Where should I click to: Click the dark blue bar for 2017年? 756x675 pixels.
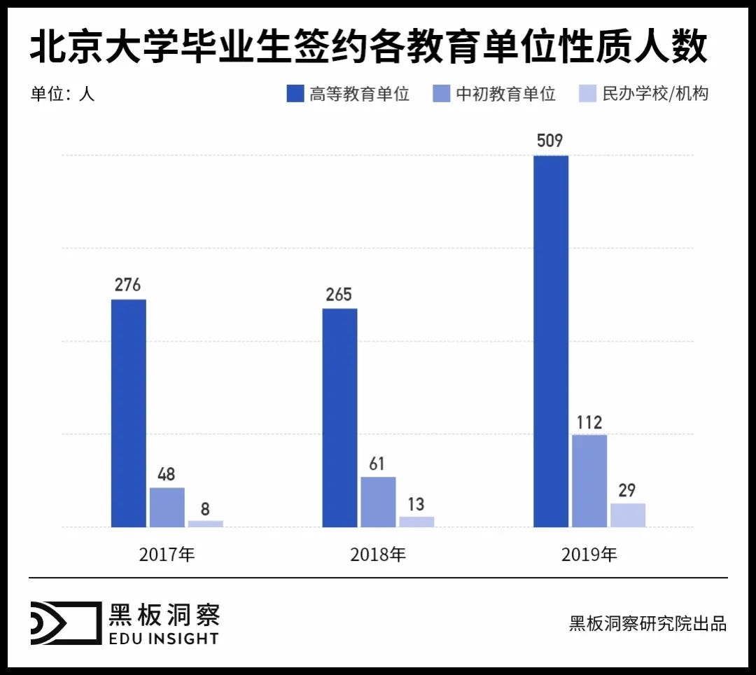coord(129,413)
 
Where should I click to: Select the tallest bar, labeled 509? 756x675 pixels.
coord(551,341)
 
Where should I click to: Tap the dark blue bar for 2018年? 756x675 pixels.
coord(339,417)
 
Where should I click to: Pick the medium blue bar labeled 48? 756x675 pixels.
coord(167,507)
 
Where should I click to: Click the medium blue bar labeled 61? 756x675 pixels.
coord(378,501)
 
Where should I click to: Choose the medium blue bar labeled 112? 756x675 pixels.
coord(589,480)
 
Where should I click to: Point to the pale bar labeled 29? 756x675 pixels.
coord(628,515)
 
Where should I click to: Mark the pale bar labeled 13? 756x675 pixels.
coord(416,522)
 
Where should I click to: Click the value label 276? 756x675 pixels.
coord(128,285)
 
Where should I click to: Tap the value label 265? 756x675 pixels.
coord(339,294)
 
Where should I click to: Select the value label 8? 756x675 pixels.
coord(205,508)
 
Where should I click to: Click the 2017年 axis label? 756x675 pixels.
coord(167,555)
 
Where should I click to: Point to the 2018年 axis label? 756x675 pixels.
coord(378,555)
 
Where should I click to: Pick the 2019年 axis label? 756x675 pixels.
coord(589,555)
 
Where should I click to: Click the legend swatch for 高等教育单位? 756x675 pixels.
coord(295,94)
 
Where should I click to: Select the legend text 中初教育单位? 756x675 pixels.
coord(505,94)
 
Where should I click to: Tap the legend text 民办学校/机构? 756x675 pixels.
coord(655,94)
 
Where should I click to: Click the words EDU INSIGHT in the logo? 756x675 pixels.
coord(163,638)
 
